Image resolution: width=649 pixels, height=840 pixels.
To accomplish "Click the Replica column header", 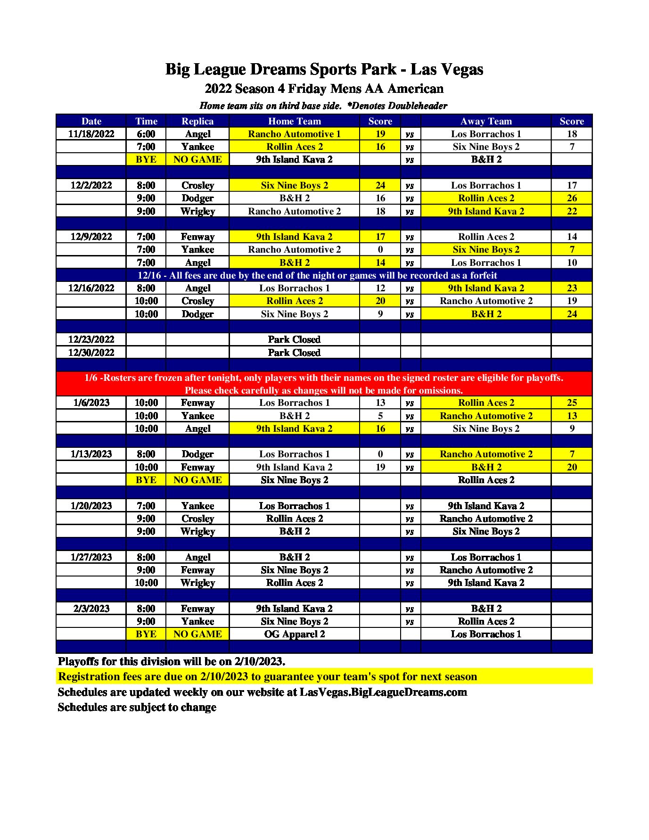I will tap(197, 121).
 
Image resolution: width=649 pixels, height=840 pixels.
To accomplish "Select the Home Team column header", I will tap(294, 121).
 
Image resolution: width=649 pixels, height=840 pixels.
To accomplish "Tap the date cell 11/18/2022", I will tap(91, 134).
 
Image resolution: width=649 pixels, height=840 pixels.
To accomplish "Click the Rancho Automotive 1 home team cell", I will tap(294, 134).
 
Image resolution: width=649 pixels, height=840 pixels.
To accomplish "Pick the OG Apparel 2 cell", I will tap(294, 634).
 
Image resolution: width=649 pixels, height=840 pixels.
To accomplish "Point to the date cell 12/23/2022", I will tap(91, 339).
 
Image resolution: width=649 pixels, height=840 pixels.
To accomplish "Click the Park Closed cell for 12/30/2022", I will tap(294, 353).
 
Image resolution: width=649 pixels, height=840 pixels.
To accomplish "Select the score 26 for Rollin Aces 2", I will tap(571, 198).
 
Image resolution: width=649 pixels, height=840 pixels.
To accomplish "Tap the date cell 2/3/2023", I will tap(91, 609).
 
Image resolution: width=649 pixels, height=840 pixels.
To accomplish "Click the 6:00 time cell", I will tap(146, 134).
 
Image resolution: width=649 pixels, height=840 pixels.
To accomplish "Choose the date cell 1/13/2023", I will tap(91, 454).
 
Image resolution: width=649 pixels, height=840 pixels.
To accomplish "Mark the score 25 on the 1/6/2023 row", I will tap(571, 403).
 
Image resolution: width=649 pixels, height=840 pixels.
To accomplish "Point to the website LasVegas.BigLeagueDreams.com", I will tap(383, 692).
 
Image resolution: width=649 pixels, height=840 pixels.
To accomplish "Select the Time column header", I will tap(146, 121).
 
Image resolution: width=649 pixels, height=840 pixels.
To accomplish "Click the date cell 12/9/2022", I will tap(91, 237).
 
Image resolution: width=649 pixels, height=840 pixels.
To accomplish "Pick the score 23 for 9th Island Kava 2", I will tap(571, 288).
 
